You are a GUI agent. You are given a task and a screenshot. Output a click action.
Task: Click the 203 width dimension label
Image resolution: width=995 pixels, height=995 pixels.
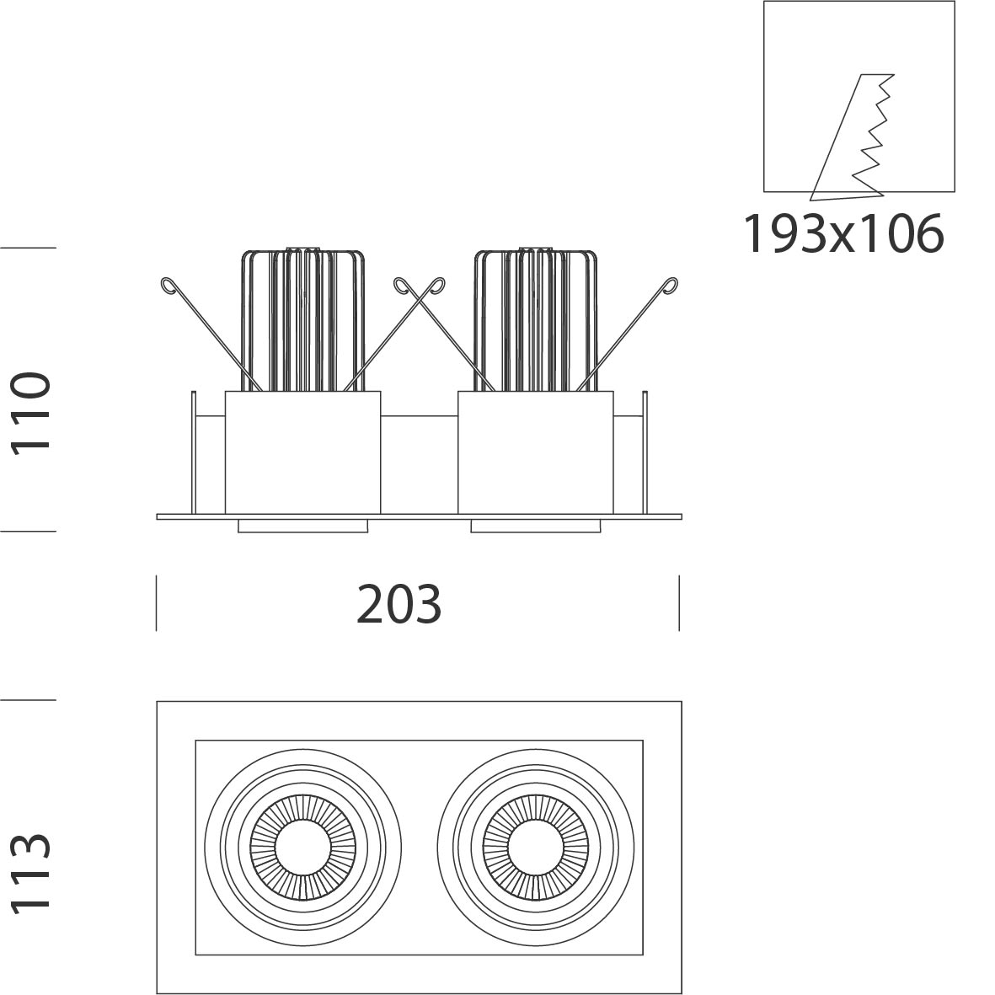tap(399, 604)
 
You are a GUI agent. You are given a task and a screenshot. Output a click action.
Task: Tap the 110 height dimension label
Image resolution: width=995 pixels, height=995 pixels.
tap(30, 413)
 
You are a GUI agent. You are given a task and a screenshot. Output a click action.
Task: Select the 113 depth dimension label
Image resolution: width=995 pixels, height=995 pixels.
tap(30, 873)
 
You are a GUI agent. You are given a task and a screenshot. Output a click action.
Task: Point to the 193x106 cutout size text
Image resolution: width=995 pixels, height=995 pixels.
tap(843, 233)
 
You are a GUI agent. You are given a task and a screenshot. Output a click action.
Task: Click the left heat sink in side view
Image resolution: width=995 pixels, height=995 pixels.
tap(302, 319)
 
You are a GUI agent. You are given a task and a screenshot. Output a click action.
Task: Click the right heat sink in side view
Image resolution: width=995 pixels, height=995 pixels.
tap(536, 319)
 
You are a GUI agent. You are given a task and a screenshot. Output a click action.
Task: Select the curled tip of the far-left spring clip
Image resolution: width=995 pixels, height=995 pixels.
tap(168, 286)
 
